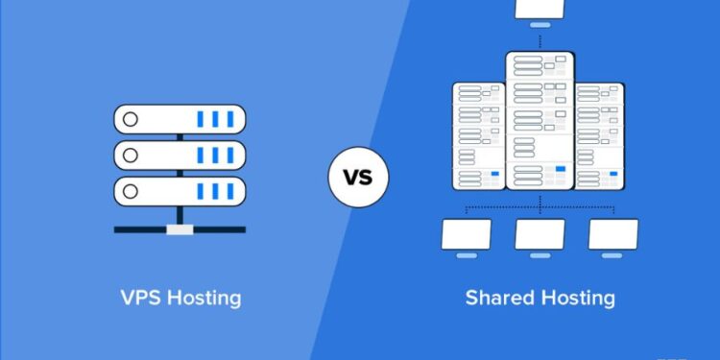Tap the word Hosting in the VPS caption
click(x=203, y=298)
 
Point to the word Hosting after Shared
click(x=576, y=298)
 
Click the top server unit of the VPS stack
click(x=180, y=120)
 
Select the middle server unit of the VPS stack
click(x=180, y=154)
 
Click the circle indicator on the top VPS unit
click(x=132, y=120)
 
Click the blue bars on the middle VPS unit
click(x=217, y=154)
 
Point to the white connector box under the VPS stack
click(x=180, y=229)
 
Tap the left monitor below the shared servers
click(x=467, y=236)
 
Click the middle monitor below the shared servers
click(x=539, y=236)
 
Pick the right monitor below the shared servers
click(x=613, y=236)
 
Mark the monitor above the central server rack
click(x=539, y=10)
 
